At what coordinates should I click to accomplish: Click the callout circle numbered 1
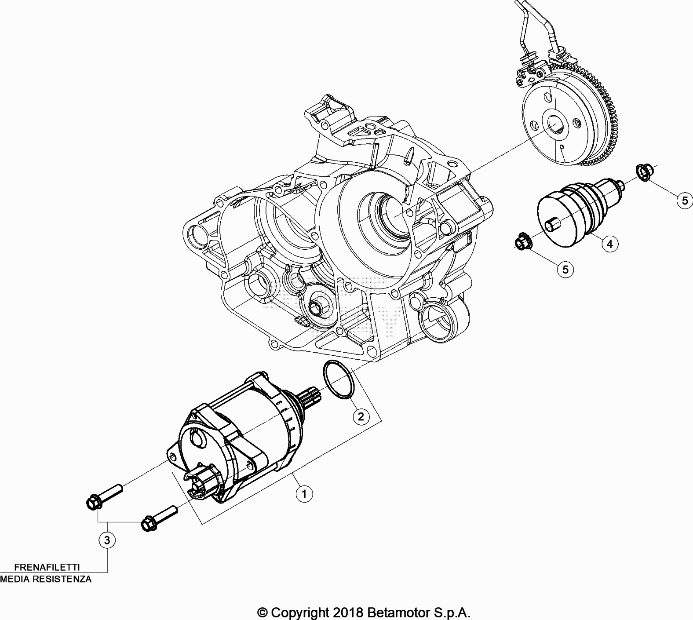[304, 493]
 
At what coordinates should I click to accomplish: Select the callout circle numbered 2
[361, 416]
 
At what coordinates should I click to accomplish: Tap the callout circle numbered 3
[108, 540]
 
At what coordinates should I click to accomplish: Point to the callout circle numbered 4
[610, 243]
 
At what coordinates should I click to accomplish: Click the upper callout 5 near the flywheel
[685, 201]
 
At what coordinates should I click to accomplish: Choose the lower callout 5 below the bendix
[565, 269]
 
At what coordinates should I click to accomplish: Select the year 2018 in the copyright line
[347, 612]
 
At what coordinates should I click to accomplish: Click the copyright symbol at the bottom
[263, 613]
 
